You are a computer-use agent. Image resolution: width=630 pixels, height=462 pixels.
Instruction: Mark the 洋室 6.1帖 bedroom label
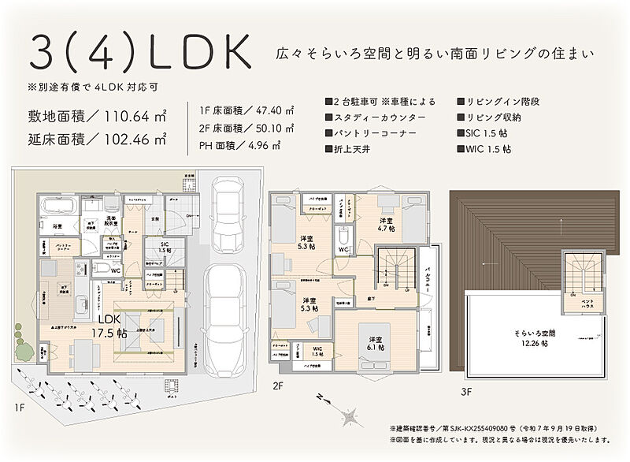[x=373, y=343]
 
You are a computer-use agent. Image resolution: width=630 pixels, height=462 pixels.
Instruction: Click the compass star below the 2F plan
[x=348, y=413]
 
